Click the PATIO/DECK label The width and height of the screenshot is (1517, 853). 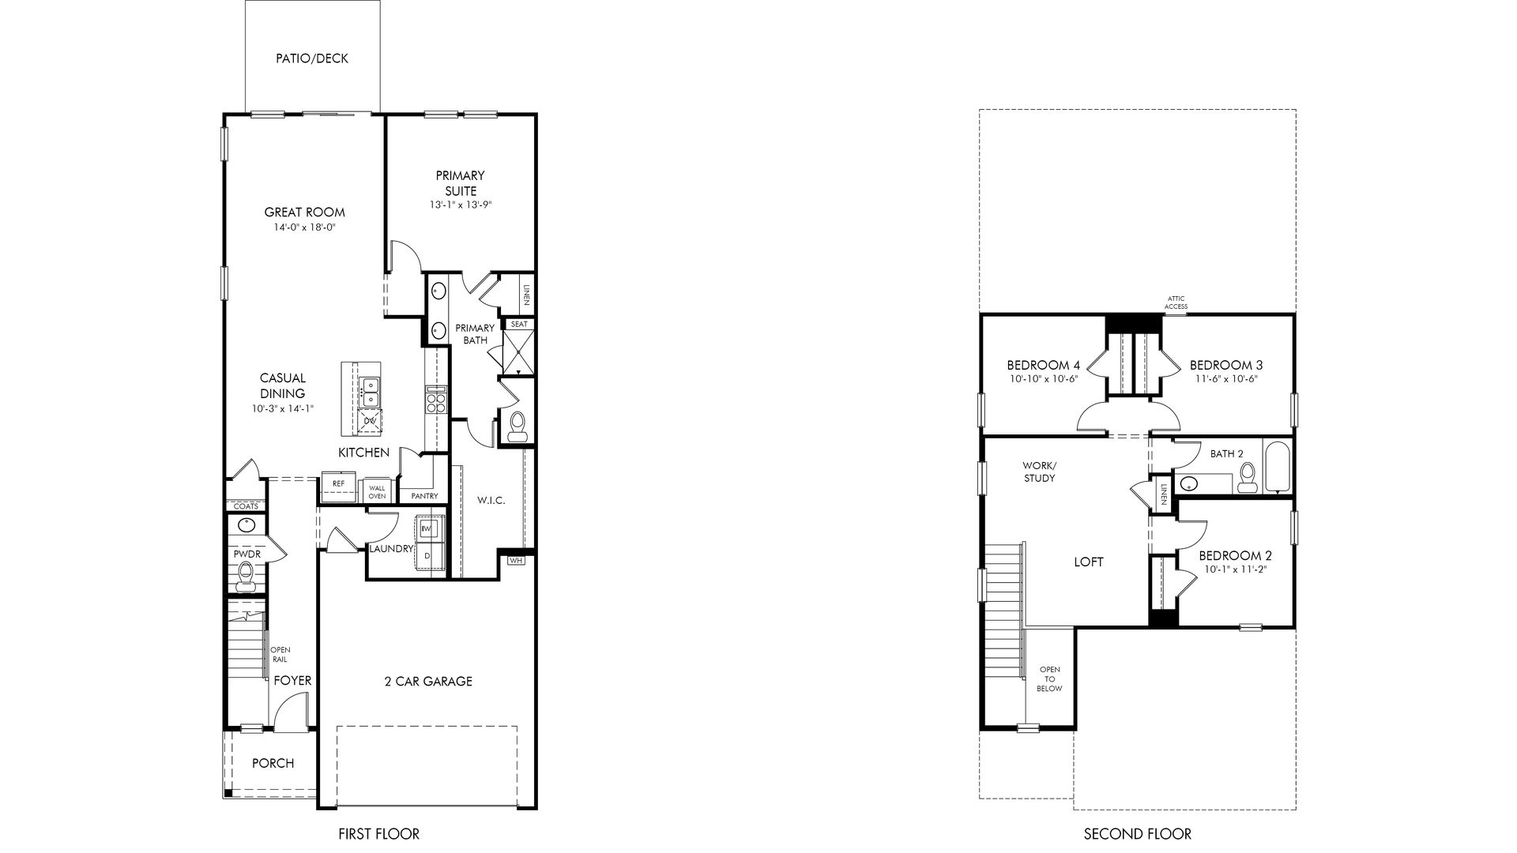312,58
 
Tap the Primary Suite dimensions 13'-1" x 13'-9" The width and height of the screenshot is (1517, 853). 460,205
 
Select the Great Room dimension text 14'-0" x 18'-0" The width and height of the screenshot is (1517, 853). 304,227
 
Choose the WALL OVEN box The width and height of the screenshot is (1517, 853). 377,492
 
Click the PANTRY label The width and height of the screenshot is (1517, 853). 424,496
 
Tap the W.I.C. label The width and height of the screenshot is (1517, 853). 491,501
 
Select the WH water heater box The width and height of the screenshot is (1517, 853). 516,561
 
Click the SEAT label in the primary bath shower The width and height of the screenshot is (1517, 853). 519,324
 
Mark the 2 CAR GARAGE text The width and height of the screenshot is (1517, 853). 428,682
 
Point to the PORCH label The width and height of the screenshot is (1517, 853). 273,763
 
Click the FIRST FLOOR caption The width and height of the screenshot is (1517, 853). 378,833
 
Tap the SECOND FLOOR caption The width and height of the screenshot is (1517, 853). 1137,833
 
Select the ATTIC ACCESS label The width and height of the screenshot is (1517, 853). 1176,302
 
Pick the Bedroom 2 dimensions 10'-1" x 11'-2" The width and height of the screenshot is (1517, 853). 1235,569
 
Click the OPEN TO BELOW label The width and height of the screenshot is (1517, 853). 1050,679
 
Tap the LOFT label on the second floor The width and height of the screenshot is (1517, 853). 1089,562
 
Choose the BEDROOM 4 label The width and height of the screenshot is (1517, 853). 1044,365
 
